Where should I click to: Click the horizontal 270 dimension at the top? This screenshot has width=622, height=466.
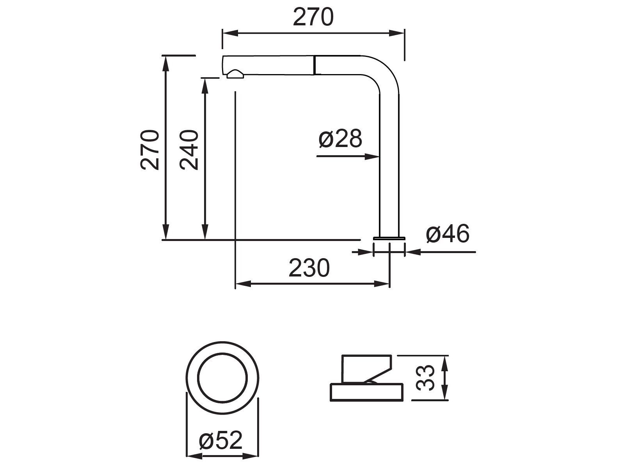click(x=313, y=18)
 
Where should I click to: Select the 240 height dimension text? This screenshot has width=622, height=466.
click(x=189, y=150)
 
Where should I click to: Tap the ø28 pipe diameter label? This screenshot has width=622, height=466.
click(x=340, y=139)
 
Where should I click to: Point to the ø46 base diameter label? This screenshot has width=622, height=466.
click(x=447, y=234)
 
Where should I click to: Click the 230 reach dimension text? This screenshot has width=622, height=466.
click(x=309, y=268)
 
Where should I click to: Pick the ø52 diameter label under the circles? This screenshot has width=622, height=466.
click(x=220, y=441)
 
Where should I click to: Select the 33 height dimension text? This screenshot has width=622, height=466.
click(x=425, y=377)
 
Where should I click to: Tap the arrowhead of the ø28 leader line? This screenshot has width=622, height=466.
click(x=373, y=156)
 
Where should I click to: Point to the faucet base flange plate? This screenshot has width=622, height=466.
click(x=389, y=237)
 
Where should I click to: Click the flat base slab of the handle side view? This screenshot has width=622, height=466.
click(x=366, y=392)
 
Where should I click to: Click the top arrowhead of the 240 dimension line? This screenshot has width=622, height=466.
click(x=204, y=85)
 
